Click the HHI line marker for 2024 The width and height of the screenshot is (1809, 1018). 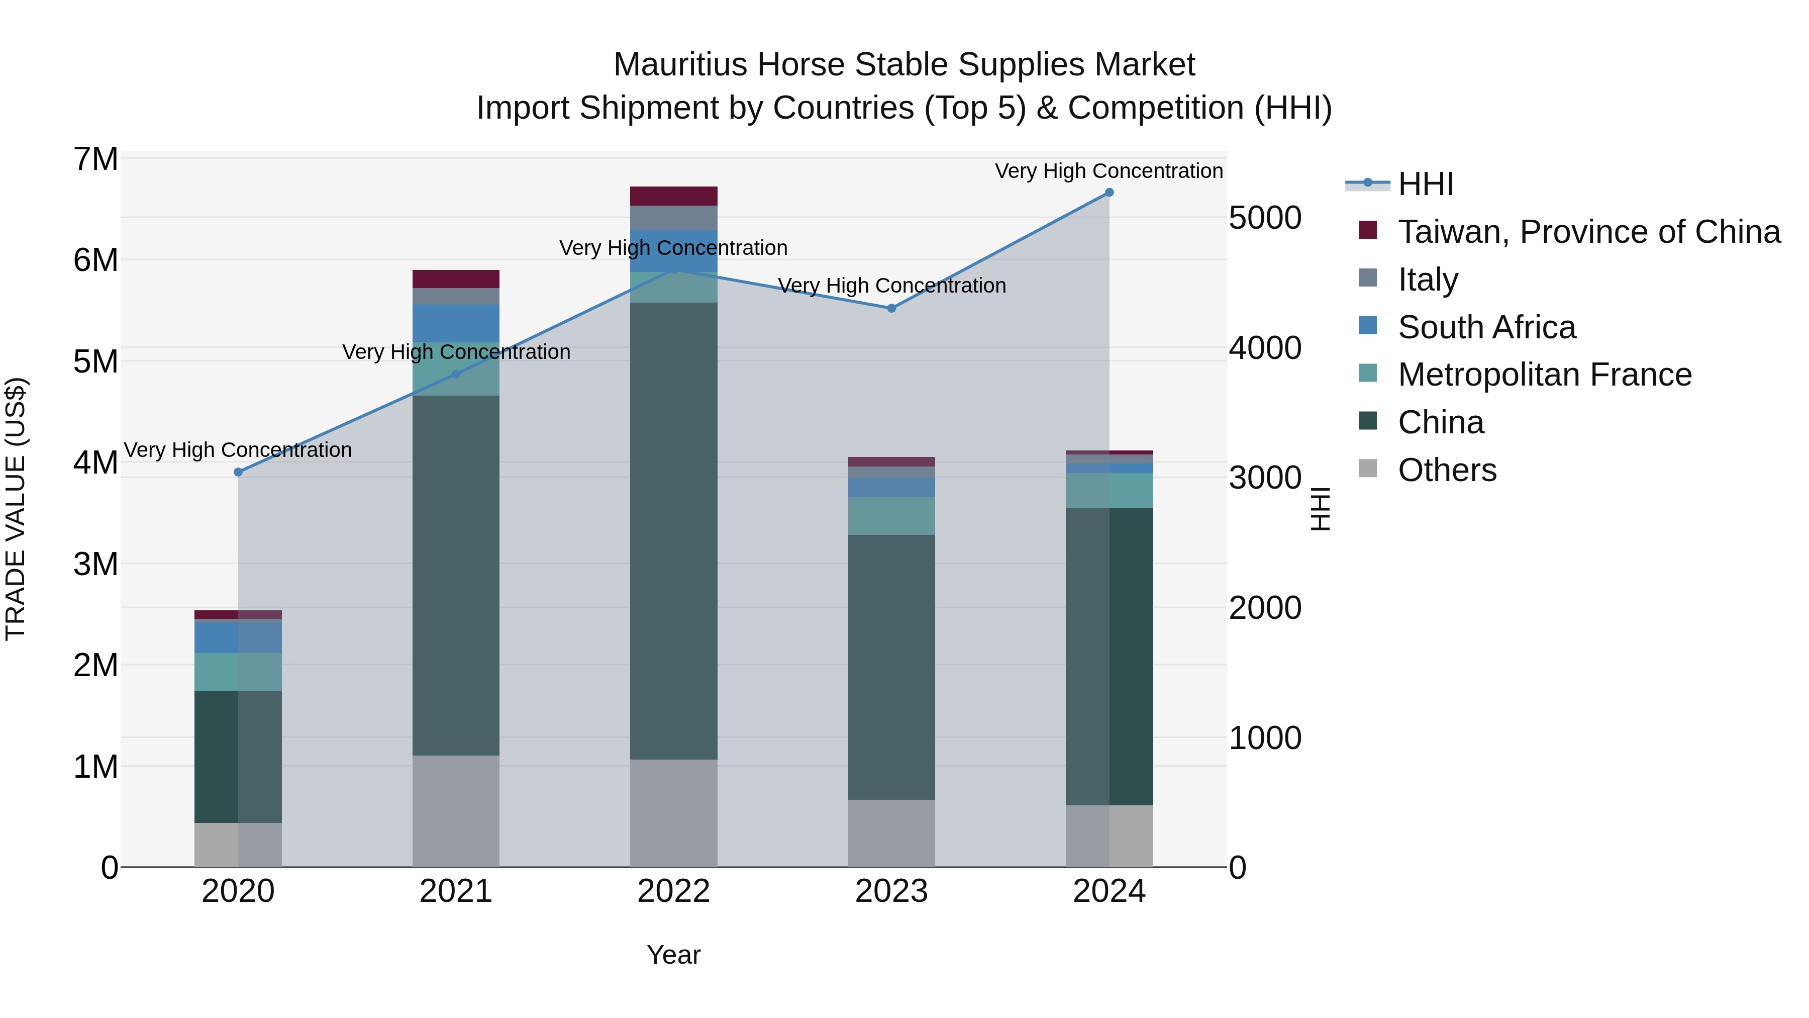click(1109, 193)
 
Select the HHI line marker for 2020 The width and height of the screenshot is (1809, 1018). click(238, 472)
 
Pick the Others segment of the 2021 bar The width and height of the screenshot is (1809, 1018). click(456, 811)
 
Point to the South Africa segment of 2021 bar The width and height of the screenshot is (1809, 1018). click(456, 324)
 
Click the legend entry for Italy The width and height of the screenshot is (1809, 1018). click(1428, 280)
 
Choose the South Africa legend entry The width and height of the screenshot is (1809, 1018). click(1487, 327)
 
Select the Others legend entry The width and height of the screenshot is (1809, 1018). click(1447, 470)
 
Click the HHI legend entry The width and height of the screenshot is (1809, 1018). click(1425, 184)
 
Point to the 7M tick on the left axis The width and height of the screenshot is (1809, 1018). click(96, 159)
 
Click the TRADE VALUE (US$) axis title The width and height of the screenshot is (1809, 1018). click(16, 509)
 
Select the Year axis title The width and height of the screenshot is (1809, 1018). click(673, 955)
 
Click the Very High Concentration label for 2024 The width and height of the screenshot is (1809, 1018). click(1109, 171)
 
